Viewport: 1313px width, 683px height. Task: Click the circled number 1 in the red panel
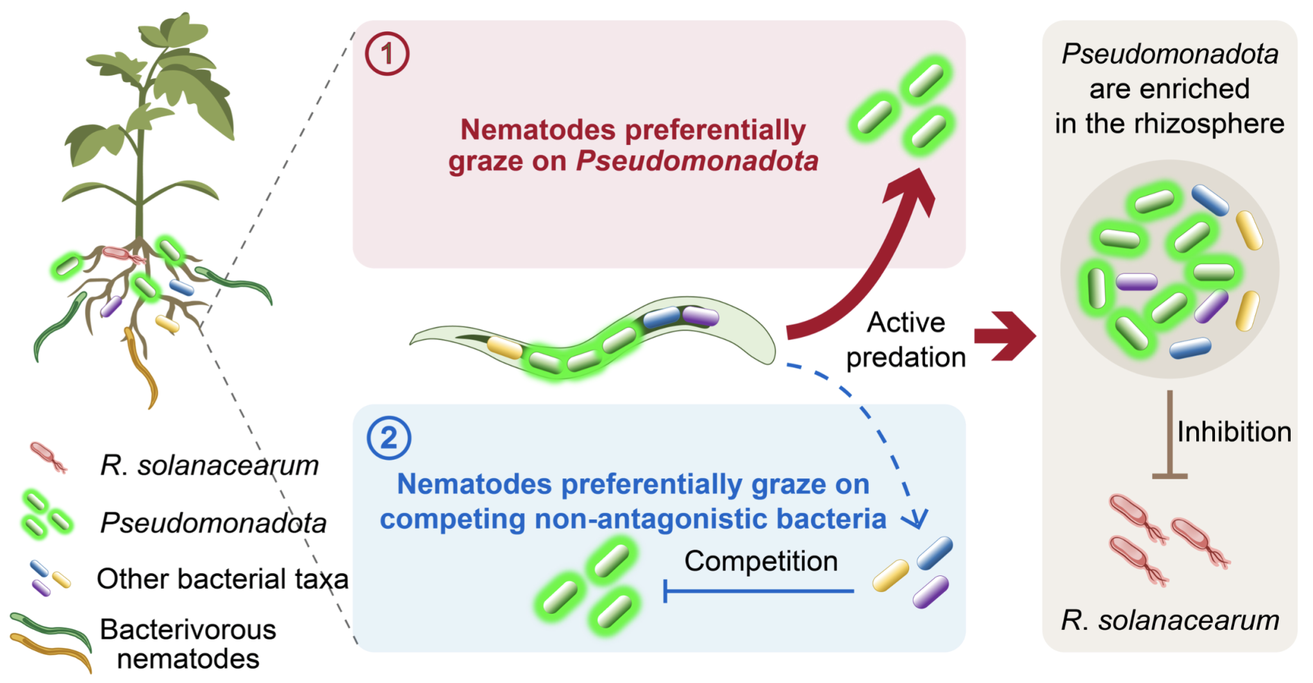click(387, 54)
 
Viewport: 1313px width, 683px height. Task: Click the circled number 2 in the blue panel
click(389, 438)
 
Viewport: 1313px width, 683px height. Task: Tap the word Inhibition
click(1234, 432)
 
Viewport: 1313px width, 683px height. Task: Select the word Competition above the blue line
click(760, 561)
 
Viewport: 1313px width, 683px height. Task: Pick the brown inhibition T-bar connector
click(1169, 436)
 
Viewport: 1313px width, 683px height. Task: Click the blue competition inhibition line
click(759, 591)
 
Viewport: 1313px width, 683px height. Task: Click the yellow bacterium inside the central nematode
click(505, 347)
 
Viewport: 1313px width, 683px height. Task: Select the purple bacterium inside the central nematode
click(700, 315)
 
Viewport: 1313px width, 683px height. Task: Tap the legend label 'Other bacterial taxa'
click(222, 578)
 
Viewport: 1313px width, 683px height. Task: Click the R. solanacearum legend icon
click(48, 457)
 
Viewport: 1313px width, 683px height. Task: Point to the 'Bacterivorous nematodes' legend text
click(188, 644)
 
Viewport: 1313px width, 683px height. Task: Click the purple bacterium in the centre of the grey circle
click(1136, 282)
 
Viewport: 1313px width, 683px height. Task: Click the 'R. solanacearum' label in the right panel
click(1169, 620)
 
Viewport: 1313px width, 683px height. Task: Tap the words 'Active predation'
click(905, 340)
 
